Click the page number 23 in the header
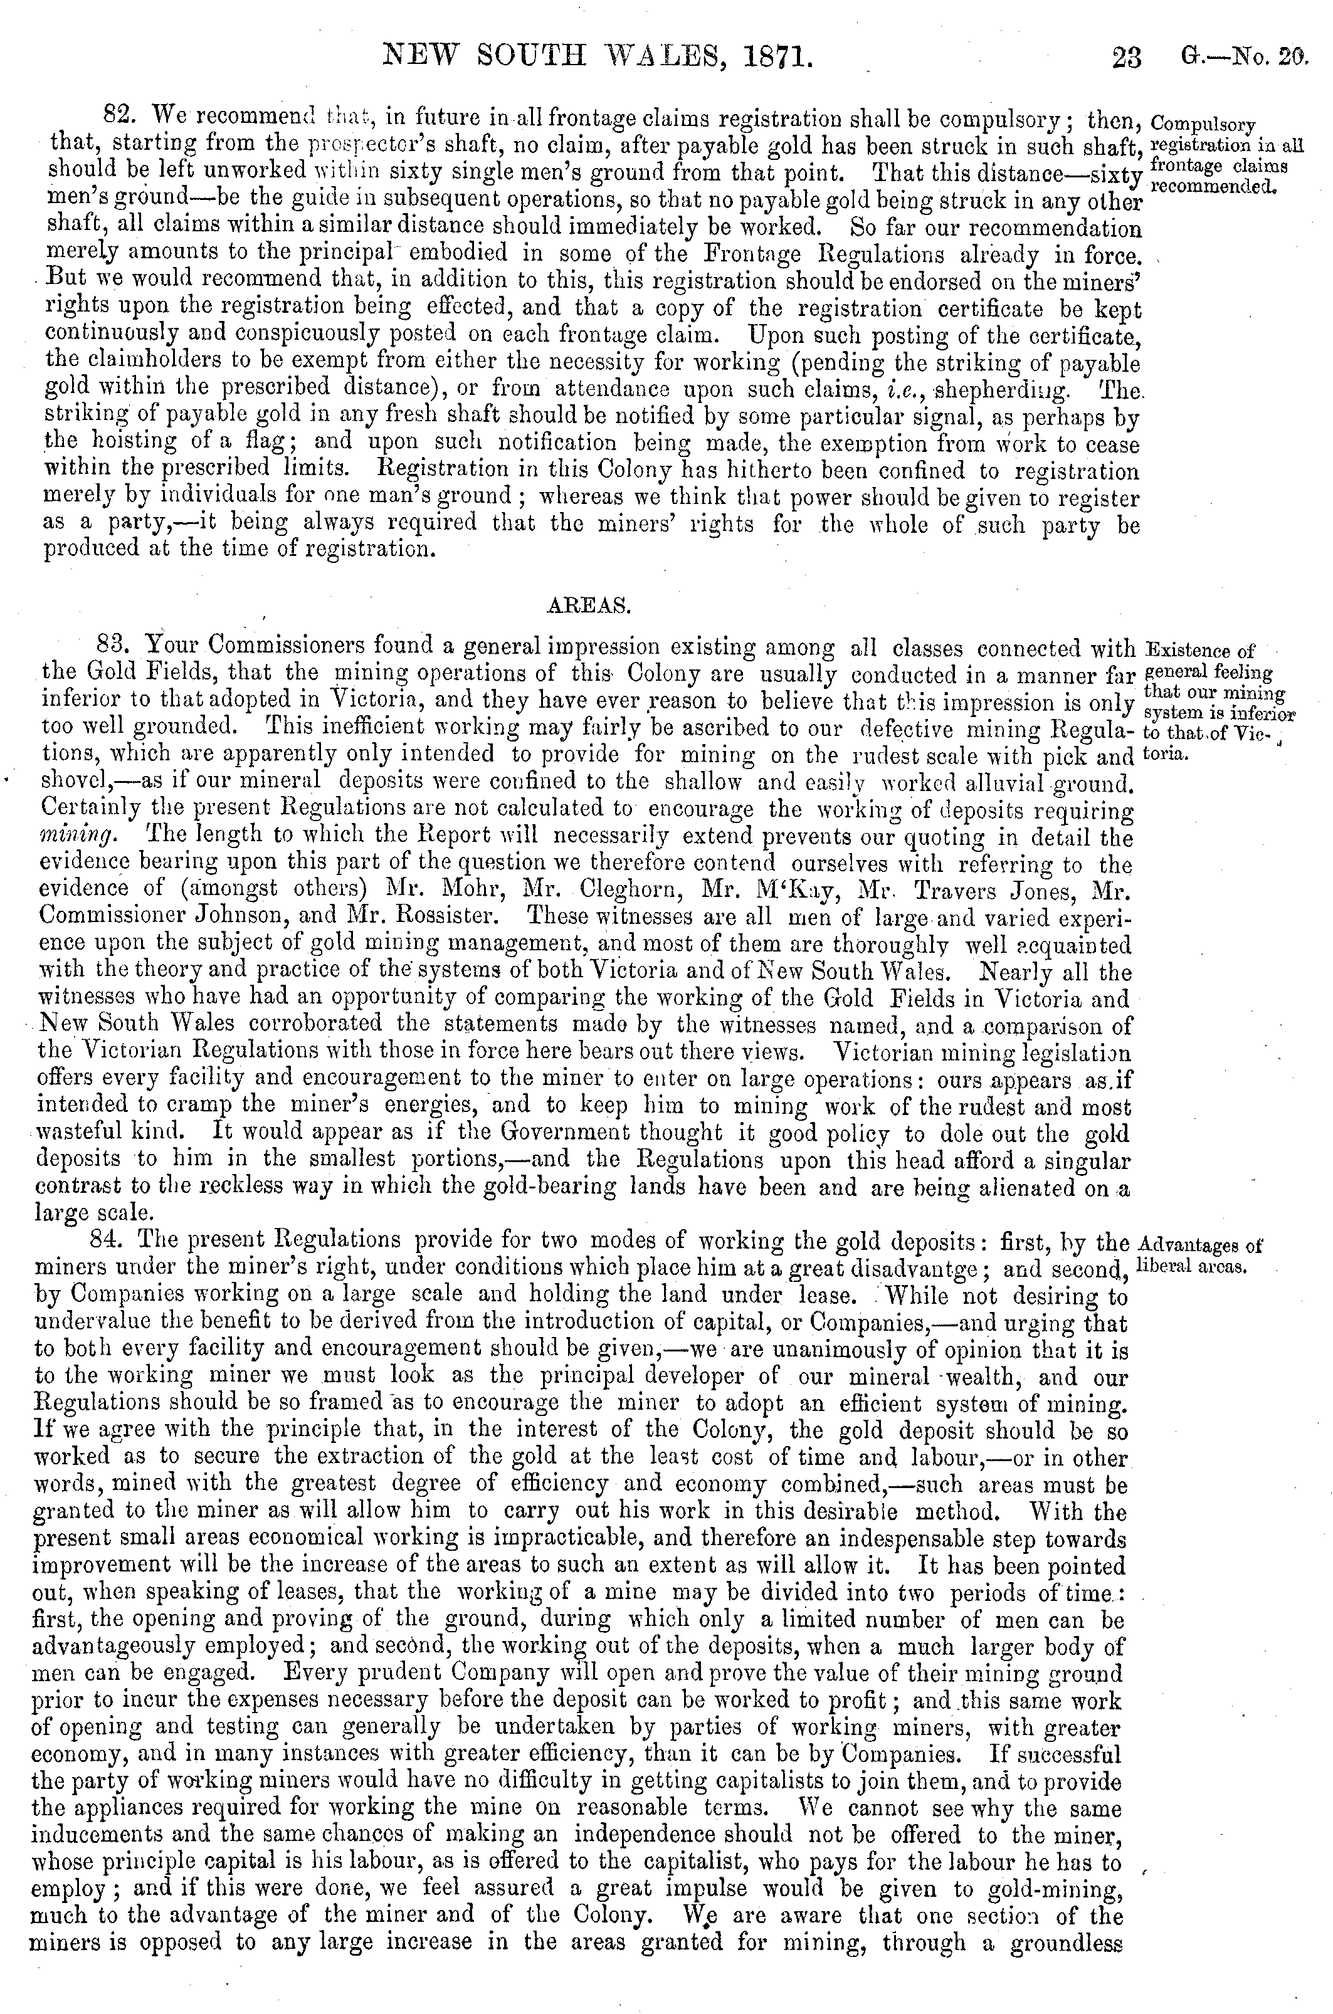click(x=1127, y=58)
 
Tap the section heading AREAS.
click(x=585, y=606)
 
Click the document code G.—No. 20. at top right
click(x=1243, y=58)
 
